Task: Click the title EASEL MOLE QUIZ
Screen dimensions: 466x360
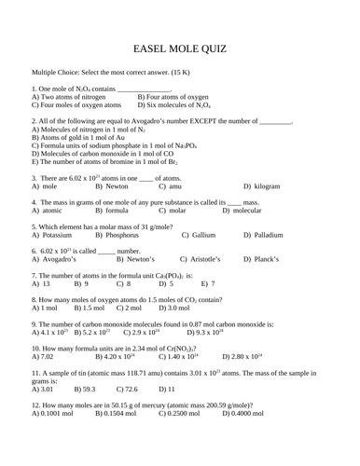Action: pyautogui.click(x=179, y=48)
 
